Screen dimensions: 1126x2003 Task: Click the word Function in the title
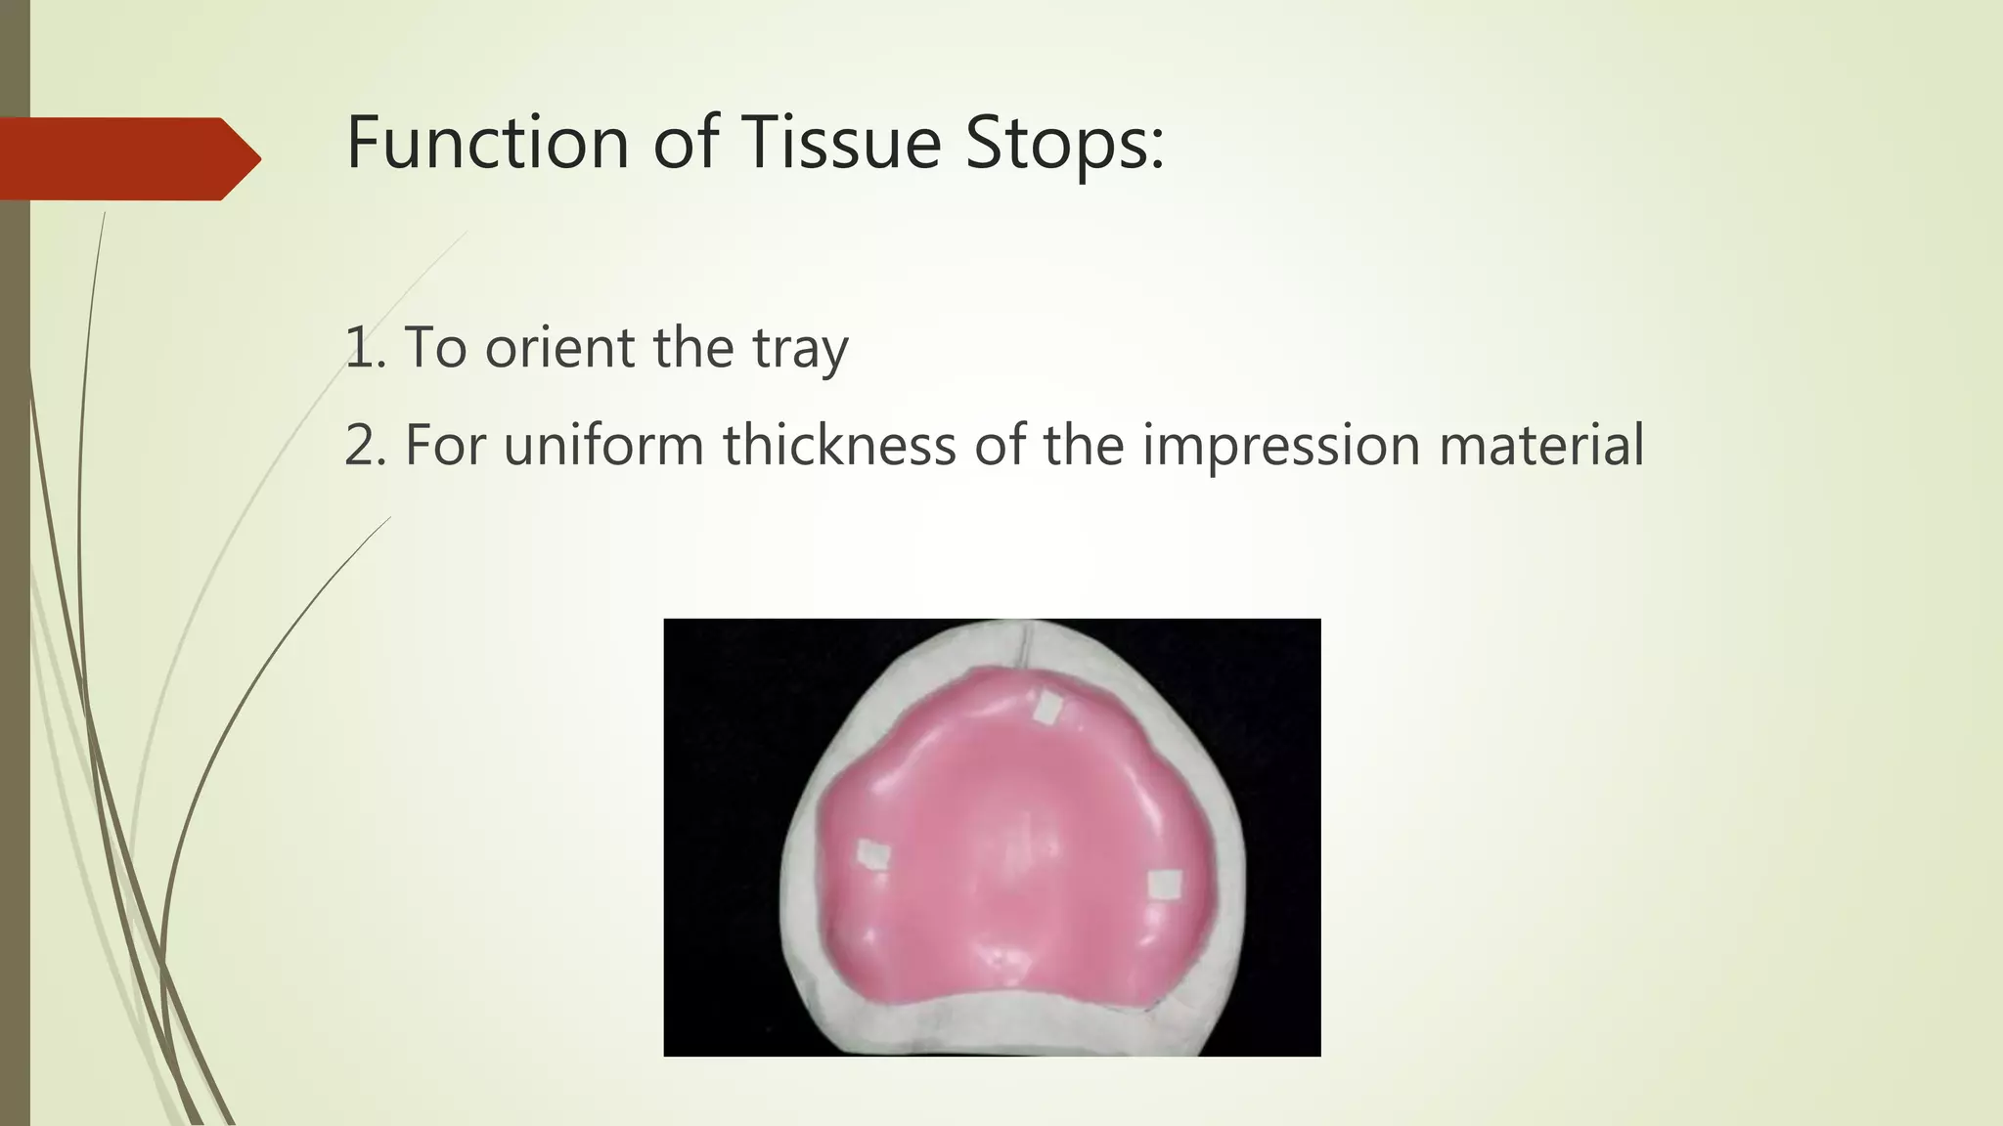coord(487,143)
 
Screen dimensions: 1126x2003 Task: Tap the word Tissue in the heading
coord(840,143)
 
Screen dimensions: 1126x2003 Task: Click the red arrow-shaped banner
coord(127,158)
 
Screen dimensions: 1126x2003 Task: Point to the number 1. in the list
coord(366,347)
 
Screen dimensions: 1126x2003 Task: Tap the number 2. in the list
coord(366,445)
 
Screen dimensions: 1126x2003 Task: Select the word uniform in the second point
coord(603,445)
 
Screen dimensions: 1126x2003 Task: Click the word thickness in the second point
coord(838,445)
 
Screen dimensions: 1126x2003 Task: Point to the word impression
coord(1281,447)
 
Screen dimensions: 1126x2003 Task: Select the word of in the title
coord(685,143)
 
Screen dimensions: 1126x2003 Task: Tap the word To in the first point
coord(435,347)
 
